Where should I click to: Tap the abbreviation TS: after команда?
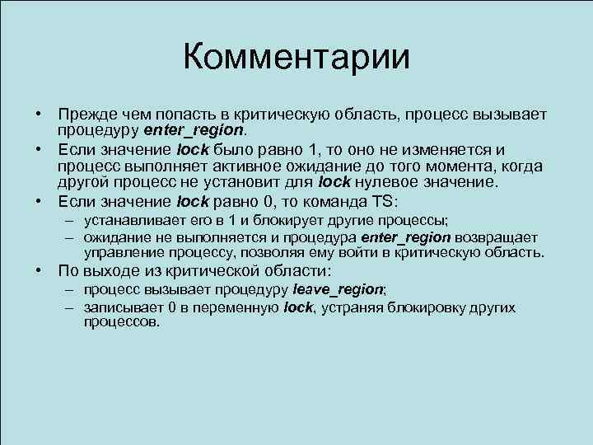coord(382,200)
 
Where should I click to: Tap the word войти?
coord(375,252)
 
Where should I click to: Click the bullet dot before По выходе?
coord(40,270)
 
